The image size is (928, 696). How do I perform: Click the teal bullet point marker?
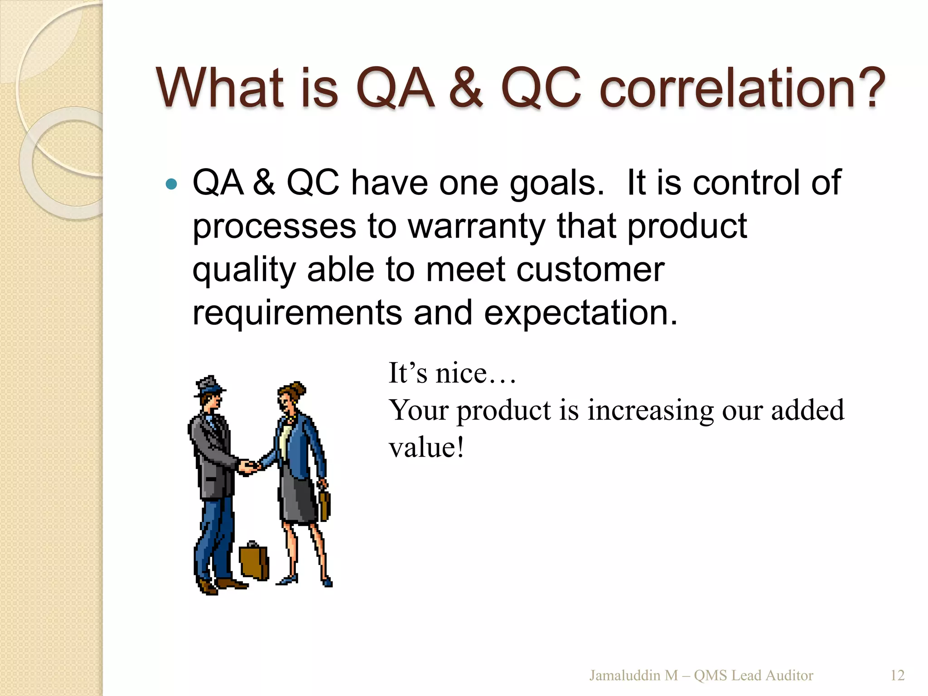click(x=171, y=184)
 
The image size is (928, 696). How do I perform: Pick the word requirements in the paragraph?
click(x=297, y=313)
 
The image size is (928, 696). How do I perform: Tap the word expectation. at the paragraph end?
click(x=580, y=313)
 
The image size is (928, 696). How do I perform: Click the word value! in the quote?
click(x=426, y=448)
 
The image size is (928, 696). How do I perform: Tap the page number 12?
click(x=897, y=675)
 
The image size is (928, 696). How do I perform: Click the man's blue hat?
click(x=209, y=386)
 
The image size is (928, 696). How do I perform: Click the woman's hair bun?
click(x=298, y=389)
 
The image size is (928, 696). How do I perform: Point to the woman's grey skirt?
click(x=297, y=498)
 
